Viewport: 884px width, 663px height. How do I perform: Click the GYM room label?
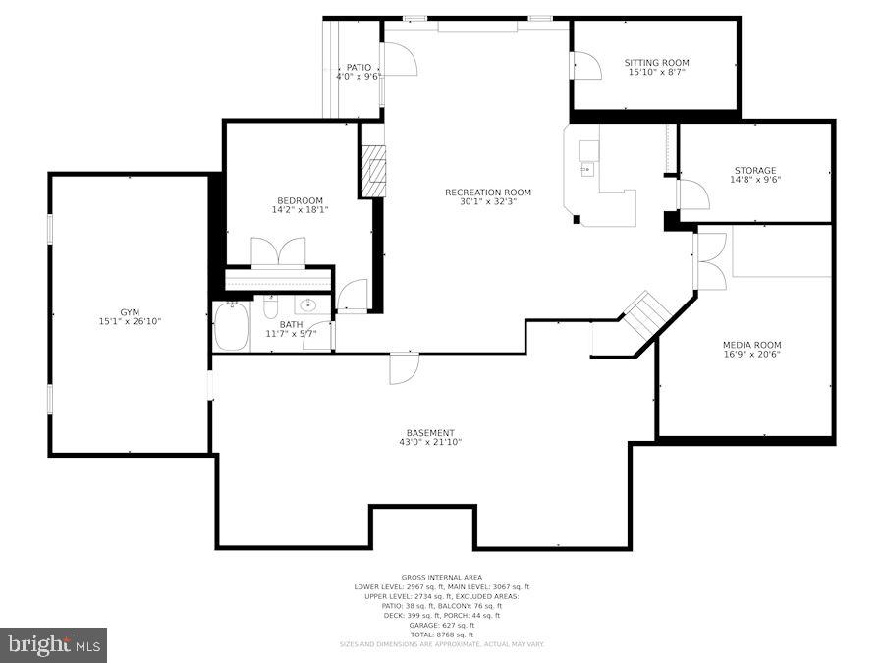[130, 311]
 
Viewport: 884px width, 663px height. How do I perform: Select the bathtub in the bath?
[233, 327]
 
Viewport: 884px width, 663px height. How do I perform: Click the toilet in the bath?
[271, 307]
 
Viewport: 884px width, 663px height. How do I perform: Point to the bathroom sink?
[308, 305]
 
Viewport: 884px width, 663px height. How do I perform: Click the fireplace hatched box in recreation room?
[374, 171]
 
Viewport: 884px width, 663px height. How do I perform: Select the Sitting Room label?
[656, 63]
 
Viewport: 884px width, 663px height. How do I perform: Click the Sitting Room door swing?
[586, 66]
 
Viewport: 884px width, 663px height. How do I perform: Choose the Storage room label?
[754, 171]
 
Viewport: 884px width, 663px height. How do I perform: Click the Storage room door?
[693, 194]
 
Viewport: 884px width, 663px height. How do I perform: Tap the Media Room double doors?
[710, 261]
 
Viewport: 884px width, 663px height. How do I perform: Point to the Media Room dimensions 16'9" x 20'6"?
[751, 355]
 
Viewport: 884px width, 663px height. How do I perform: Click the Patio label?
[358, 67]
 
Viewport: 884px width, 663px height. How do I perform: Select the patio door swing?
[400, 60]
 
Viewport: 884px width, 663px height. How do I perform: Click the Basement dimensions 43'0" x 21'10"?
[430, 443]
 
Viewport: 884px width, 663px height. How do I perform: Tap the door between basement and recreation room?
[404, 367]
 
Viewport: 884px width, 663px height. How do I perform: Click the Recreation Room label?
[487, 193]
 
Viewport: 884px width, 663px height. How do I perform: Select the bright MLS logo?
[54, 645]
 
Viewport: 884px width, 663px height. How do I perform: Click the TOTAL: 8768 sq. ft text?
[439, 634]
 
